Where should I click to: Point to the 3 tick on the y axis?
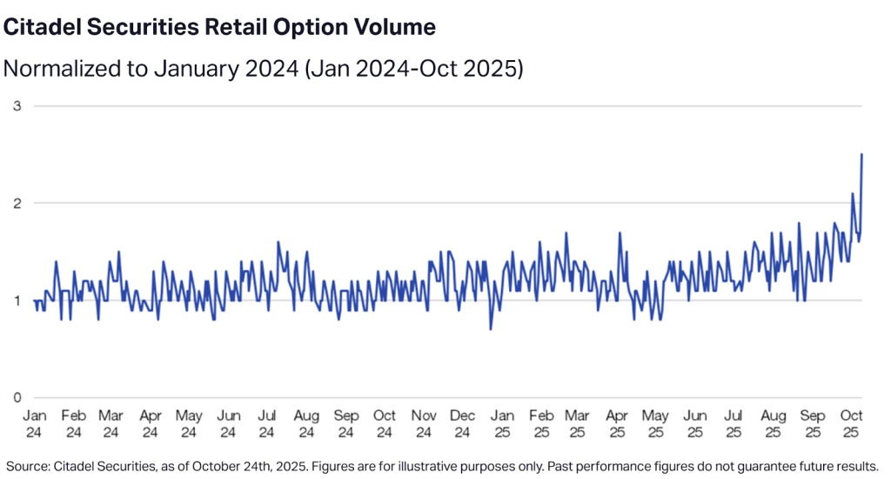(15, 106)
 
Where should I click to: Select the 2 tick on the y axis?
(15, 204)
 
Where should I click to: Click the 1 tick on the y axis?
(15, 300)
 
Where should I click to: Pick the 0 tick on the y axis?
(15, 398)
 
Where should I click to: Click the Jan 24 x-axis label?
(34, 423)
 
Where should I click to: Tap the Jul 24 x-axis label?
(267, 423)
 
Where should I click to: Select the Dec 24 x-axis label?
(462, 423)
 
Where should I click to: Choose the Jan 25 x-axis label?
(502, 423)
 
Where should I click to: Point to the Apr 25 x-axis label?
(618, 423)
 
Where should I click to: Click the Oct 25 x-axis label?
(852, 423)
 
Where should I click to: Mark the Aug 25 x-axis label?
(773, 423)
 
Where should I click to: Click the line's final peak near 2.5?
(861, 155)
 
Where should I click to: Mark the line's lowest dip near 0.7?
(491, 329)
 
